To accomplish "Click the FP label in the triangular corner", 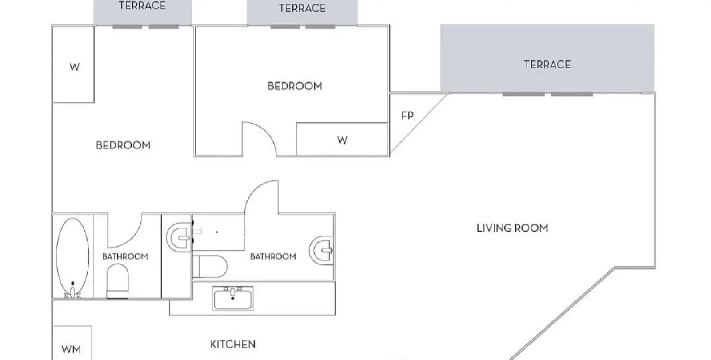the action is pyautogui.click(x=407, y=116).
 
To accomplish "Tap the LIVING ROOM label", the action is pyautogui.click(x=512, y=228).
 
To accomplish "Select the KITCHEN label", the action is pyautogui.click(x=233, y=344).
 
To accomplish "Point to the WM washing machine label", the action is pyautogui.click(x=72, y=349).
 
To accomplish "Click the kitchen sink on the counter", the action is pyautogui.click(x=233, y=298).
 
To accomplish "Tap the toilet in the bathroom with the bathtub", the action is pyautogui.click(x=117, y=281).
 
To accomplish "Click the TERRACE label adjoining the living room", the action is pyautogui.click(x=547, y=65).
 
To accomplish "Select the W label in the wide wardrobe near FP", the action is pyautogui.click(x=342, y=140).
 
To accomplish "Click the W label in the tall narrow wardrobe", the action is pyautogui.click(x=75, y=67).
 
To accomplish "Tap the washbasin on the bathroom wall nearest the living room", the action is pyautogui.click(x=321, y=250).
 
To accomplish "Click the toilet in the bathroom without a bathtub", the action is pyautogui.click(x=210, y=267).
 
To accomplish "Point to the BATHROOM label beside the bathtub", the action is pyautogui.click(x=125, y=256).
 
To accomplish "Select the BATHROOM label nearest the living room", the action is pyautogui.click(x=273, y=256).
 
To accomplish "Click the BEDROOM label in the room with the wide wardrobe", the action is pyautogui.click(x=295, y=86).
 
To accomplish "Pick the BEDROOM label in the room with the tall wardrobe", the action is pyautogui.click(x=123, y=145).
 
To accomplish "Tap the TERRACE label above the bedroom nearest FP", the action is pyautogui.click(x=302, y=8).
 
